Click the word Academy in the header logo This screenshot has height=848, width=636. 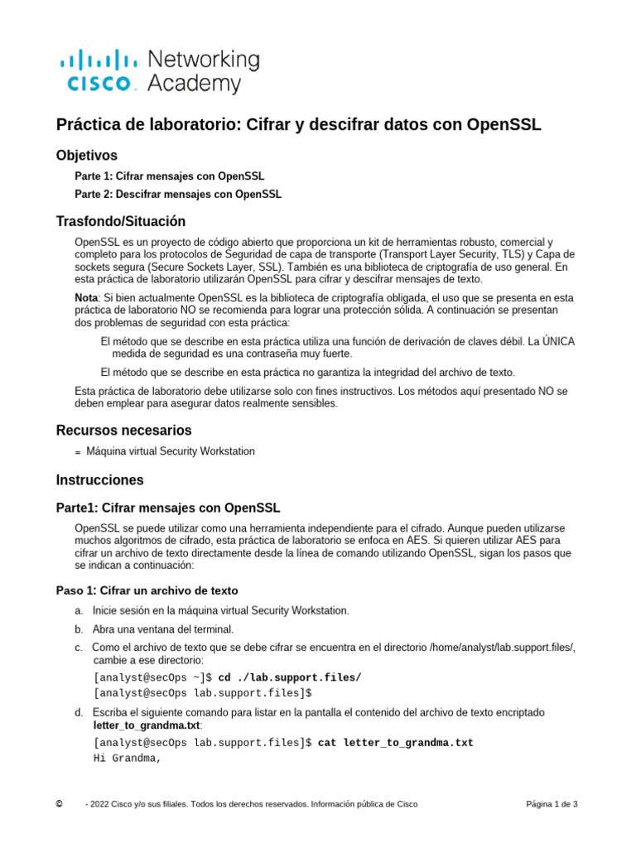pos(194,84)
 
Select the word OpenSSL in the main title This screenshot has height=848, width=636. pos(503,125)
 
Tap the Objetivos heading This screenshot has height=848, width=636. pos(86,156)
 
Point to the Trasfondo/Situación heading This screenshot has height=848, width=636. pos(120,221)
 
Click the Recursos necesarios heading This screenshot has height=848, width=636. pos(123,430)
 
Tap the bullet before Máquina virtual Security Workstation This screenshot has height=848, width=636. pos(78,452)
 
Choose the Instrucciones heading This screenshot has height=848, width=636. pos(99,479)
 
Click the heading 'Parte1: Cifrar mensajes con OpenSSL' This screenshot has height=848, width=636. pos(167,507)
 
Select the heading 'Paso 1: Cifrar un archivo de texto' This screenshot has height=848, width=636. pos(147,590)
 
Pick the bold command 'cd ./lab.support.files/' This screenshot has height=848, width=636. pos(289,677)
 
